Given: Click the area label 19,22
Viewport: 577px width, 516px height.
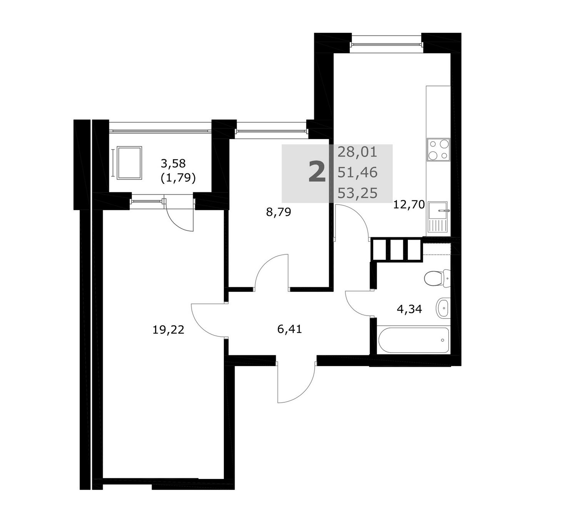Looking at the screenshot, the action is (x=168, y=330).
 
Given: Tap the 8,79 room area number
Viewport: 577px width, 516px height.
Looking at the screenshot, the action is (x=278, y=212).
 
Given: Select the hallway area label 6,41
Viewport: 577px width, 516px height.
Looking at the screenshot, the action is (x=289, y=329).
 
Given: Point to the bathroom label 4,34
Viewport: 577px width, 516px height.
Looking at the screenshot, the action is (x=409, y=309).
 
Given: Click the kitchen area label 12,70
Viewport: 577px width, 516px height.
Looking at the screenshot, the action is (x=409, y=205).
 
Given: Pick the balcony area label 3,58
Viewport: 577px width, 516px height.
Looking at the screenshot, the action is (x=173, y=163).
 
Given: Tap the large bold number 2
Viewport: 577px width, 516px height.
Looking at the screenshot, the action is (x=317, y=171).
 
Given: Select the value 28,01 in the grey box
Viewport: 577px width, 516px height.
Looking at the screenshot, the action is (x=357, y=152).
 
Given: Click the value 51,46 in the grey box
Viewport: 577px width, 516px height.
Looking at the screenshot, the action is (x=357, y=173).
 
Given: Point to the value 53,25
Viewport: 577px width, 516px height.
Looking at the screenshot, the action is (x=357, y=193).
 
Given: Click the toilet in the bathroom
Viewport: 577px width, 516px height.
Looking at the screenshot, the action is (x=437, y=279).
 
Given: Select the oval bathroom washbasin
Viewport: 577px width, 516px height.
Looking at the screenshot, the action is (x=443, y=308).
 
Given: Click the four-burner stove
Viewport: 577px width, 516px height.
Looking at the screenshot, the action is (x=438, y=150).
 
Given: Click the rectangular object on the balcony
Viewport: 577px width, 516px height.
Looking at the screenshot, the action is (x=129, y=163).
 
